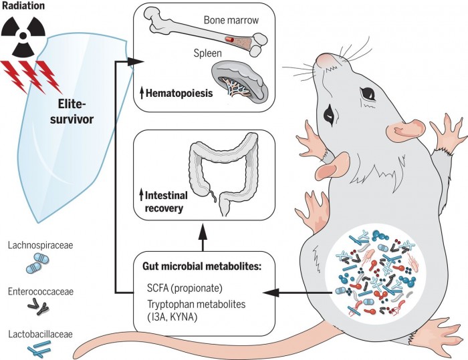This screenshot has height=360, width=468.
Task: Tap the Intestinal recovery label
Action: point(170,202)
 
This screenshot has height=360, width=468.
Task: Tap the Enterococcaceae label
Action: point(41,293)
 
